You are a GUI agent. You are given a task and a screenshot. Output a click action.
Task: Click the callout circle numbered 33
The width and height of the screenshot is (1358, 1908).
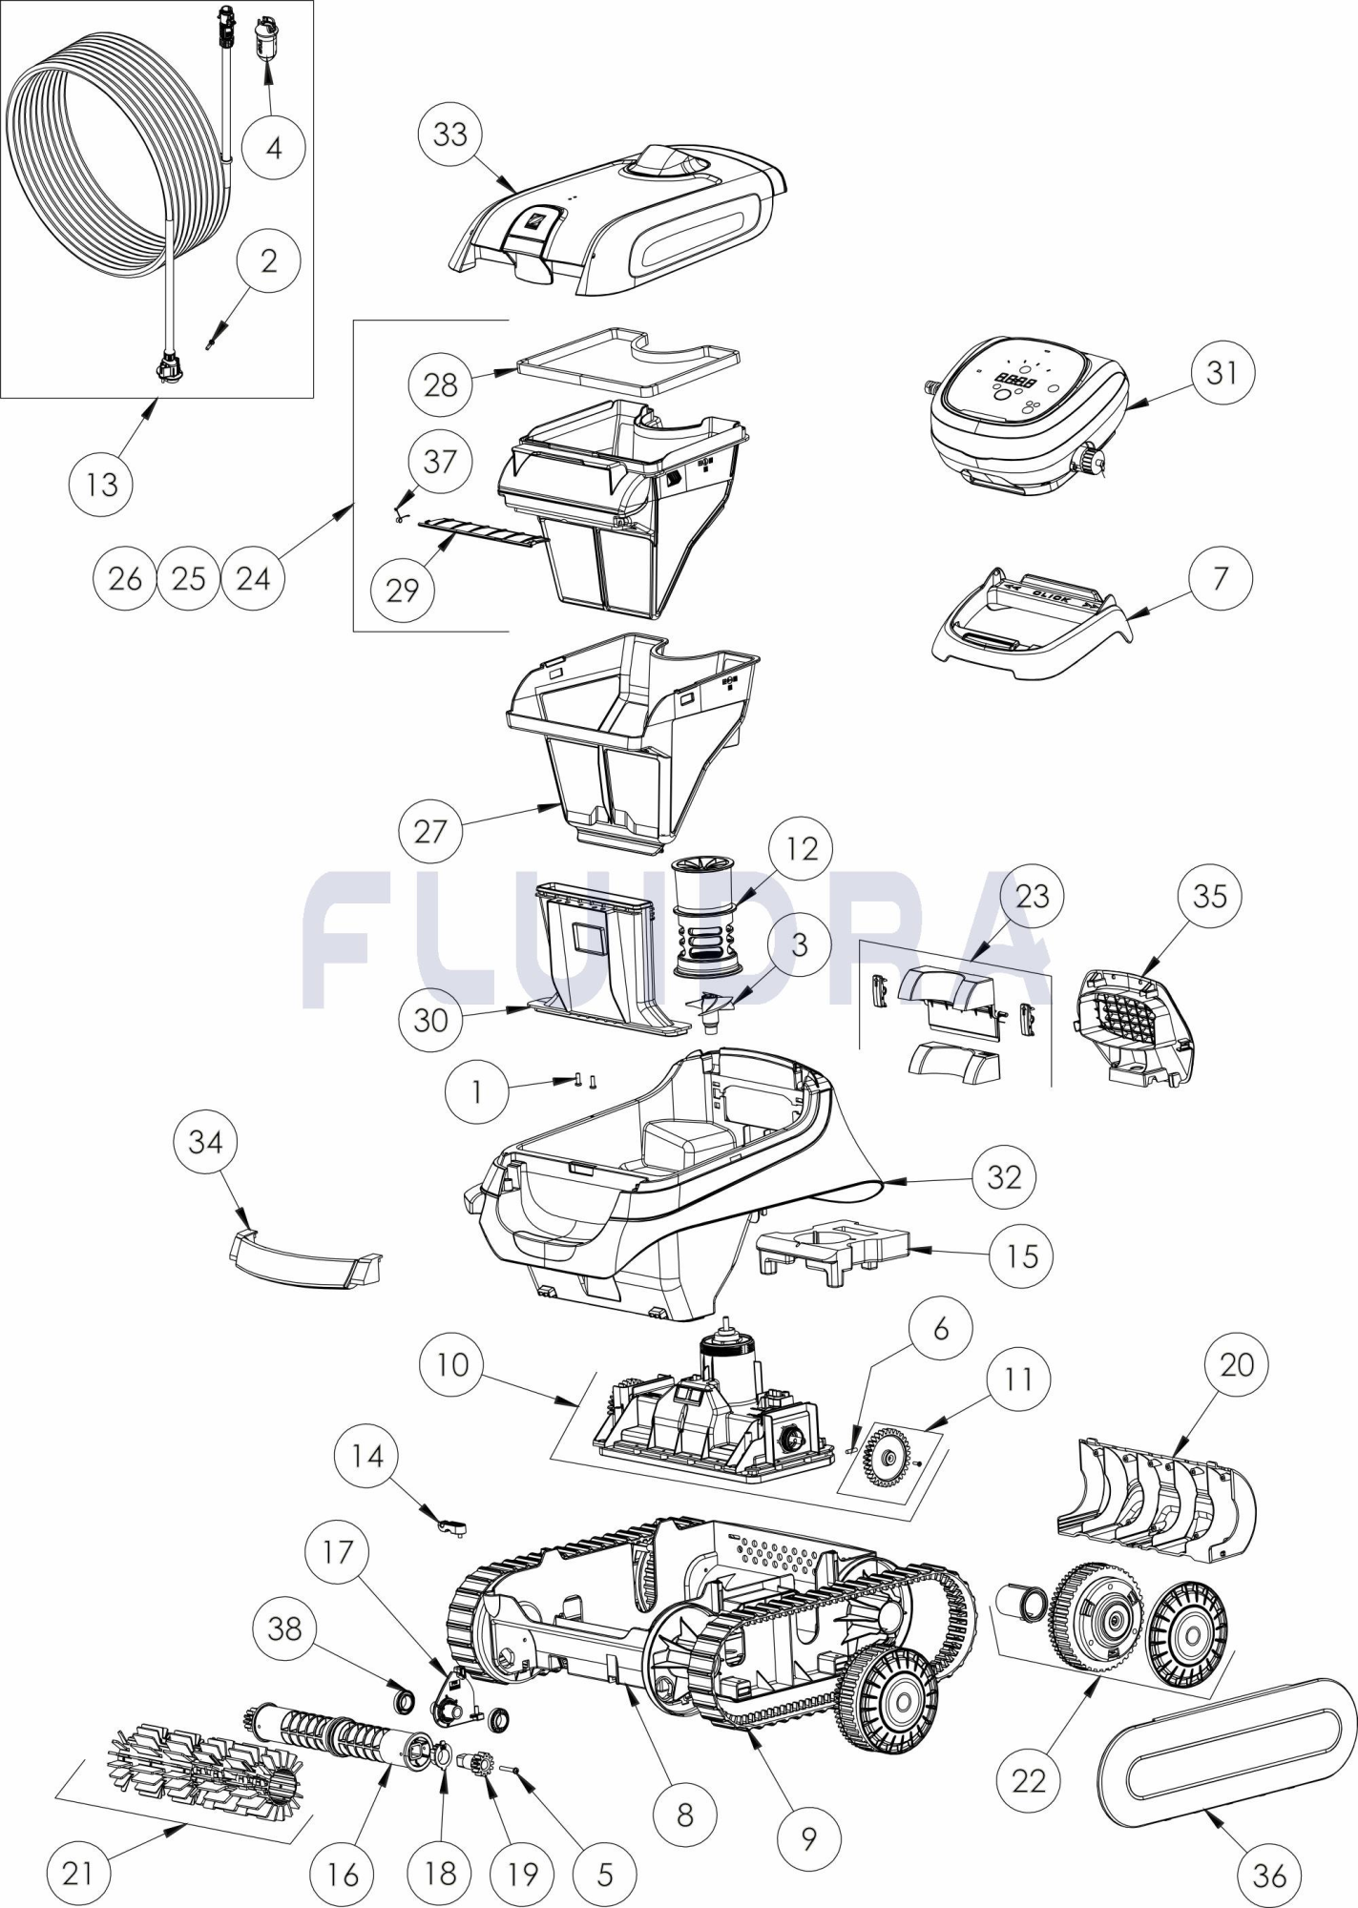coord(449,135)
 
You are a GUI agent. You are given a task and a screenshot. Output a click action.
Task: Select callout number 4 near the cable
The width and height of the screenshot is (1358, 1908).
coord(273,148)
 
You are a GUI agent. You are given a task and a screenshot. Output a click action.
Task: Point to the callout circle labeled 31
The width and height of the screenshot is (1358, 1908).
coord(1222,373)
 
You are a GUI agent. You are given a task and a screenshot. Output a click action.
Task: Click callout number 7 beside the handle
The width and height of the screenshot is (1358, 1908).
coord(1221,578)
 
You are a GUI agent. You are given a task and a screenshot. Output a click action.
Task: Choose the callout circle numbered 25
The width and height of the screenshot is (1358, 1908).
coord(189,578)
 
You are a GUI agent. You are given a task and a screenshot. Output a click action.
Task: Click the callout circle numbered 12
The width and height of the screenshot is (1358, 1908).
coord(801,848)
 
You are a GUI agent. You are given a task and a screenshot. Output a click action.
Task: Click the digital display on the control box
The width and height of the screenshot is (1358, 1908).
coord(1013,381)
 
